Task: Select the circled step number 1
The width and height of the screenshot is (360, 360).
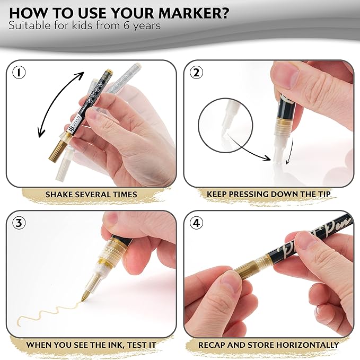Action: click(x=19, y=73)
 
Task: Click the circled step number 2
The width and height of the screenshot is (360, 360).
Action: click(x=196, y=73)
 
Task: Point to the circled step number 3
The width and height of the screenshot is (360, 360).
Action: click(x=19, y=223)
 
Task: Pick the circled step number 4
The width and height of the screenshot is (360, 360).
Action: click(x=197, y=223)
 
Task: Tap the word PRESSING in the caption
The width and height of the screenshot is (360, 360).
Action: click(x=249, y=194)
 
